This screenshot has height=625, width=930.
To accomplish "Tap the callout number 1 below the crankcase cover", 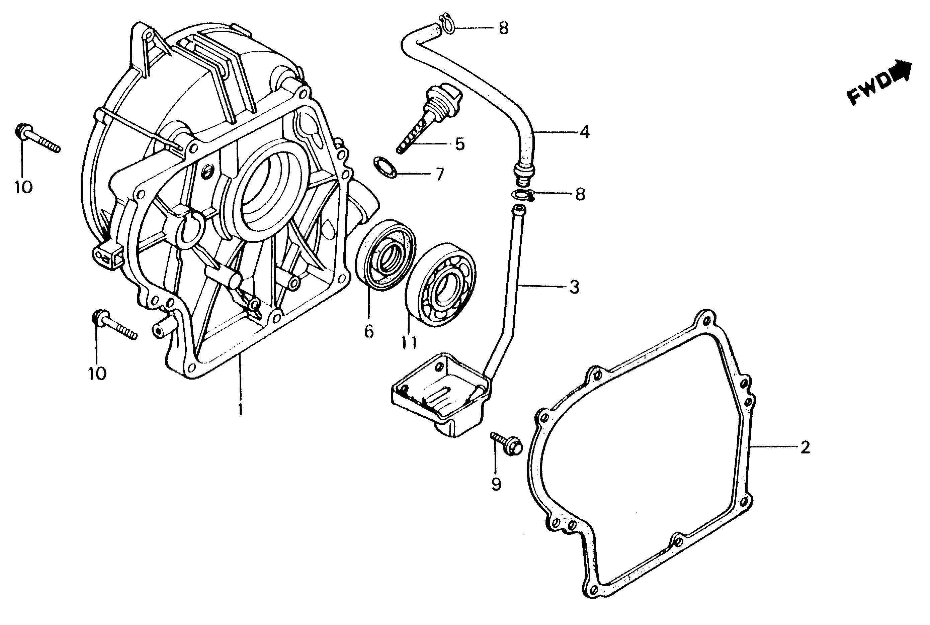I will tap(241, 409).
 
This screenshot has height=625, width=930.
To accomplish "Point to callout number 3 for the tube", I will tap(574, 287).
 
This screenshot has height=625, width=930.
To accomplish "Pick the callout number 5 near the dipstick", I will tap(460, 144).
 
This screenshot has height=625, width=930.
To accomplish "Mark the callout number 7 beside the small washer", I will tap(439, 174).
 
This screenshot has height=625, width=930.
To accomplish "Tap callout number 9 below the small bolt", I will tap(496, 484).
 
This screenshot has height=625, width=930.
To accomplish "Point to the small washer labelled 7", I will tap(385, 168).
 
